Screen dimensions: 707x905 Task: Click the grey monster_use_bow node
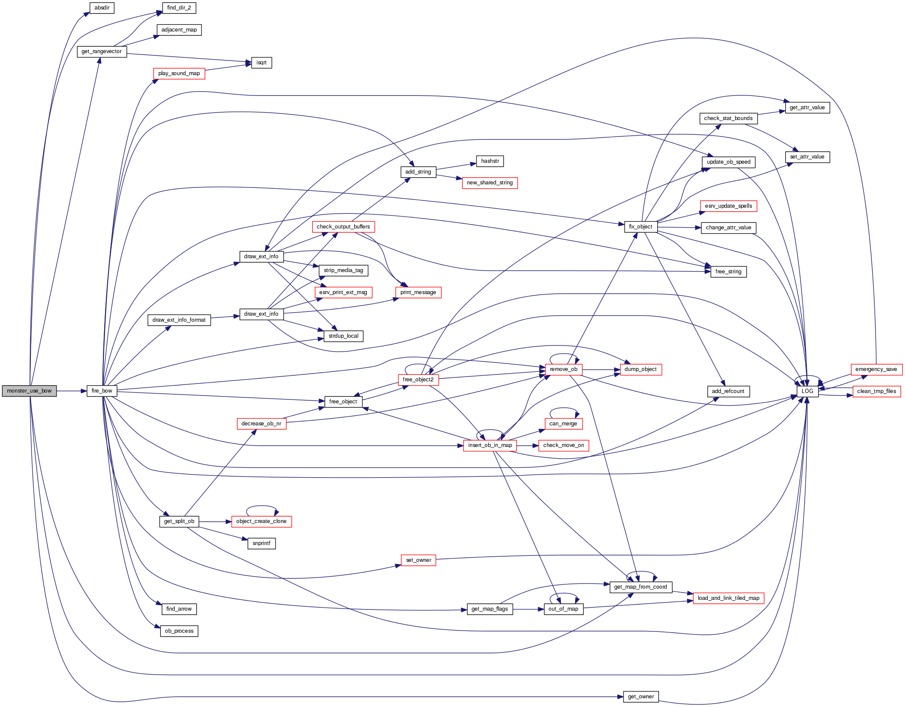(x=29, y=391)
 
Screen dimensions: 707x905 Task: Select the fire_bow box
(x=102, y=391)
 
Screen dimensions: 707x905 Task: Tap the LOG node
(x=807, y=391)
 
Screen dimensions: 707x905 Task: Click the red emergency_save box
(x=876, y=369)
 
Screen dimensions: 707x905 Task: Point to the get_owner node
(x=640, y=697)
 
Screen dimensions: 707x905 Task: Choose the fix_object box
(x=640, y=227)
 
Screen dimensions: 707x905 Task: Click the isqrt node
(x=262, y=63)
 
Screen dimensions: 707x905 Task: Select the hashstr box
(x=490, y=161)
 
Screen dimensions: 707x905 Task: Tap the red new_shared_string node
(x=489, y=183)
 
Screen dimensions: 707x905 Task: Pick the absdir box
(x=102, y=8)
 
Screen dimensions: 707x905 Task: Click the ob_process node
(x=179, y=631)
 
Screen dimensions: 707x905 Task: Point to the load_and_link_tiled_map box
(x=728, y=598)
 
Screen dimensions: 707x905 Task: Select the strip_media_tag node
(x=343, y=270)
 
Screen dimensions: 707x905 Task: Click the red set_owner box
(x=418, y=560)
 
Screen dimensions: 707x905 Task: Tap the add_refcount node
(x=728, y=391)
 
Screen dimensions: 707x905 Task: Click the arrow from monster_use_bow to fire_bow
(x=71, y=391)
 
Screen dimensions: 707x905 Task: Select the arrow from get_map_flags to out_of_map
(x=528, y=609)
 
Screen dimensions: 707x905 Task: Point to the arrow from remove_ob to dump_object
(x=601, y=370)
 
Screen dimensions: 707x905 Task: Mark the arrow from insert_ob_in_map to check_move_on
(x=527, y=445)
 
